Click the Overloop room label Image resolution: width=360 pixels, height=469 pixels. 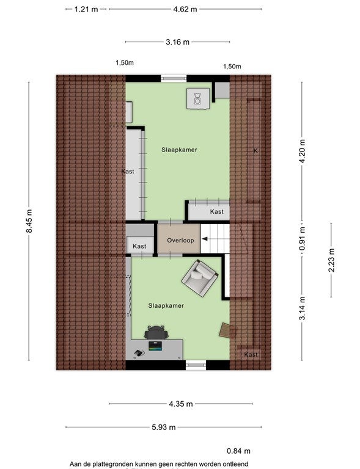(x=180, y=240)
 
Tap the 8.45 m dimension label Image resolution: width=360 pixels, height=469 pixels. (x=29, y=221)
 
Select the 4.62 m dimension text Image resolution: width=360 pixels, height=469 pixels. (x=185, y=9)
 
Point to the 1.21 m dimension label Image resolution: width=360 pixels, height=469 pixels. (x=86, y=9)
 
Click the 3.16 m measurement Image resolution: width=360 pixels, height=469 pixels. (x=177, y=42)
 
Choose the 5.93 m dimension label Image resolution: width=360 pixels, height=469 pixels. (x=163, y=427)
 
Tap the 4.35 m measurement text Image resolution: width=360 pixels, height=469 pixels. (x=181, y=404)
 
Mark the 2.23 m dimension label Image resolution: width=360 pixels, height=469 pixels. (x=331, y=260)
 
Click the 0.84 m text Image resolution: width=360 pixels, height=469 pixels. (x=238, y=451)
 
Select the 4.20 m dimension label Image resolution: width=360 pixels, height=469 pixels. (x=302, y=151)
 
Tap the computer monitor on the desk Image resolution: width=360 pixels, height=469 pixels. (x=155, y=346)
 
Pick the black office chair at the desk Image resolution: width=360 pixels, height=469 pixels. (x=155, y=332)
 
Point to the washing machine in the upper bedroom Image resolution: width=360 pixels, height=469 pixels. (x=197, y=98)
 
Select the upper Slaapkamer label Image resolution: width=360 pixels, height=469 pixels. (x=179, y=150)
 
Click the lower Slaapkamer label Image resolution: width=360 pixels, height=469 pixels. (x=166, y=305)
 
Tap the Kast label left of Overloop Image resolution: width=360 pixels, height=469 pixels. (x=139, y=246)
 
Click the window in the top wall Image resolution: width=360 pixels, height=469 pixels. (x=174, y=78)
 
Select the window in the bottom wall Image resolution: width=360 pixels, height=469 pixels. (x=196, y=365)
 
